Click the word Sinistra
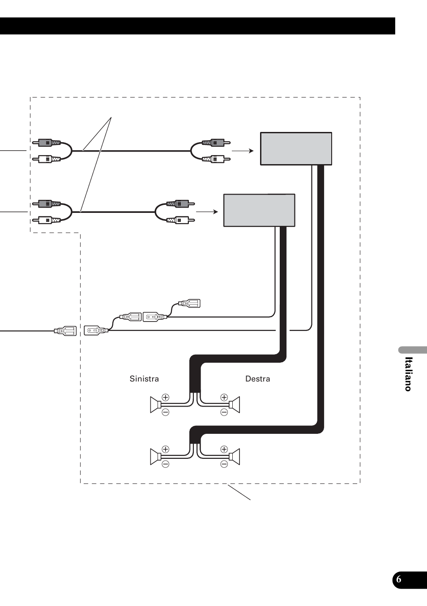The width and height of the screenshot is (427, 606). (x=144, y=379)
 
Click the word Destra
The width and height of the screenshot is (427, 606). (x=257, y=379)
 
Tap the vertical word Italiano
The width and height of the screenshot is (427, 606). (x=408, y=374)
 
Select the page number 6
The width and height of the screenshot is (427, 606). (x=399, y=580)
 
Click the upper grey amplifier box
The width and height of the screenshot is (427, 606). (x=296, y=148)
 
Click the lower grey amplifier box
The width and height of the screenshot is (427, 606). (x=259, y=210)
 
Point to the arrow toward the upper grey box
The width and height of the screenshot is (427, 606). (x=243, y=151)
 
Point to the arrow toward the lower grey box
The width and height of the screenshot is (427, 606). (x=207, y=212)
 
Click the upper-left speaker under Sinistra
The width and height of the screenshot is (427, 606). (x=155, y=405)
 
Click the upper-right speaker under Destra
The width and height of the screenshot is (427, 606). (x=235, y=405)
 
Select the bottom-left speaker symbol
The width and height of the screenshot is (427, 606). (x=155, y=457)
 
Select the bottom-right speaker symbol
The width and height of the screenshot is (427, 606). (x=235, y=457)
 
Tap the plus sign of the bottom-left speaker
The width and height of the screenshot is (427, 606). (x=166, y=449)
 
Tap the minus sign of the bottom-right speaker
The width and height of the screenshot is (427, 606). (x=224, y=464)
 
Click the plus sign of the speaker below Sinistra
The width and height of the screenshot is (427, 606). (x=166, y=397)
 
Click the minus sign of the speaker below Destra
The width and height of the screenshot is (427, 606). (x=224, y=412)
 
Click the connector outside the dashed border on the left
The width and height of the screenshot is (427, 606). (x=66, y=331)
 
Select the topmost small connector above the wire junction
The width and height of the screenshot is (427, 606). (x=190, y=304)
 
